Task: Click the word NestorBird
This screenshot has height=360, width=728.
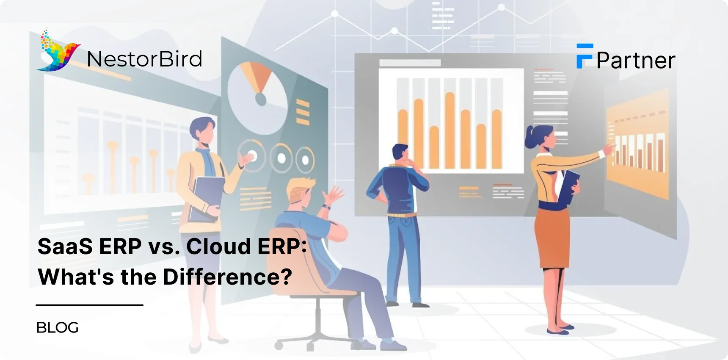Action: (144, 59)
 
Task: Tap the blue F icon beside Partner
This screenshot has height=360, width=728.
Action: (584, 56)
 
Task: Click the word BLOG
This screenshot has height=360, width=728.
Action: (58, 327)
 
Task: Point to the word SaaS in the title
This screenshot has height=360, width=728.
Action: (65, 246)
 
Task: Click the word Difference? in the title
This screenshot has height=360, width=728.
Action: (227, 277)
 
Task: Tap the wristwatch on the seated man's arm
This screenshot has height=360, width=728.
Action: (326, 207)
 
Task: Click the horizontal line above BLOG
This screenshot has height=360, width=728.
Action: (90, 305)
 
